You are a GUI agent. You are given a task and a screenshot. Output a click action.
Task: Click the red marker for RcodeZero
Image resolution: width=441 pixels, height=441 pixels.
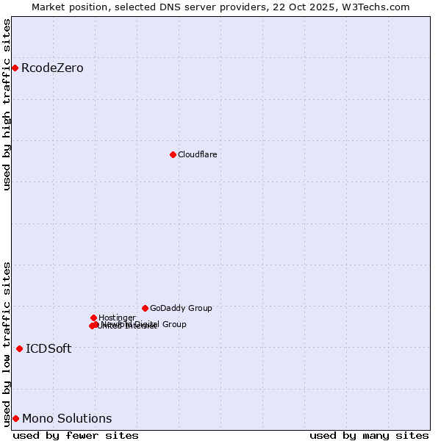click(x=15, y=68)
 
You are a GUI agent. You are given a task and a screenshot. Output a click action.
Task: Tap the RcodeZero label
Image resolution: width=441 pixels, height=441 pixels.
click(x=52, y=68)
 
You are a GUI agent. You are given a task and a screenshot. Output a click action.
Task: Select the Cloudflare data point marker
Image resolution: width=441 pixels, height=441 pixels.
click(x=173, y=154)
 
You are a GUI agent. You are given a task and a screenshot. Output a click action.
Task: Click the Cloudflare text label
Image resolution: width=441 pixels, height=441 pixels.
click(x=197, y=154)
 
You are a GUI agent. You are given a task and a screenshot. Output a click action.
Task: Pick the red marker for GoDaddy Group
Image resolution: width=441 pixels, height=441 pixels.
click(x=145, y=308)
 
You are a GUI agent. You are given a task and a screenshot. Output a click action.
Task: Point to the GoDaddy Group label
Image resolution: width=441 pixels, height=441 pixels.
click(x=181, y=308)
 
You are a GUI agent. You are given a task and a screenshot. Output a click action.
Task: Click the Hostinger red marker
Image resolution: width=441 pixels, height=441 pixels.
click(x=93, y=318)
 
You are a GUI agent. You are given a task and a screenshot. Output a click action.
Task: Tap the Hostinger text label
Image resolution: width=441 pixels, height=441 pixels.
click(x=117, y=318)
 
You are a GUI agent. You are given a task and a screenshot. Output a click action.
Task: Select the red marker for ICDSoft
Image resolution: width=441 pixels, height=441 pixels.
click(x=19, y=348)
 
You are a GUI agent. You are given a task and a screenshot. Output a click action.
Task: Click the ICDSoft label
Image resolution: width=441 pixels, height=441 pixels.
click(x=49, y=348)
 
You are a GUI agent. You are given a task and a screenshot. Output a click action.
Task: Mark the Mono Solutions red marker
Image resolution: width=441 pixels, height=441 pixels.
click(x=15, y=418)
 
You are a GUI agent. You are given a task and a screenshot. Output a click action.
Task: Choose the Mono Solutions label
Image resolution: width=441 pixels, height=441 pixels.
click(x=67, y=418)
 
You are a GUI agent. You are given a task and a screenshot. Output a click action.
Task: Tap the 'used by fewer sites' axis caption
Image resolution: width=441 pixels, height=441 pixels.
click(x=76, y=435)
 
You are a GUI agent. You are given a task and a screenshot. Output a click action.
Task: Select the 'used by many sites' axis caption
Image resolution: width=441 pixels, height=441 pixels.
click(x=369, y=435)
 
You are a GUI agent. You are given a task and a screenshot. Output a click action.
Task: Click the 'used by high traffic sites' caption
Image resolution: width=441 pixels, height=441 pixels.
click(x=7, y=104)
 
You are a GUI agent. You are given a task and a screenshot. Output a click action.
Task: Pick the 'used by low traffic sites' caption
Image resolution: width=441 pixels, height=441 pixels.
click(x=7, y=343)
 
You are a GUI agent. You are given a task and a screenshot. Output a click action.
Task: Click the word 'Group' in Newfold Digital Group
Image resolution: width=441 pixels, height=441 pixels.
click(x=173, y=324)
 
